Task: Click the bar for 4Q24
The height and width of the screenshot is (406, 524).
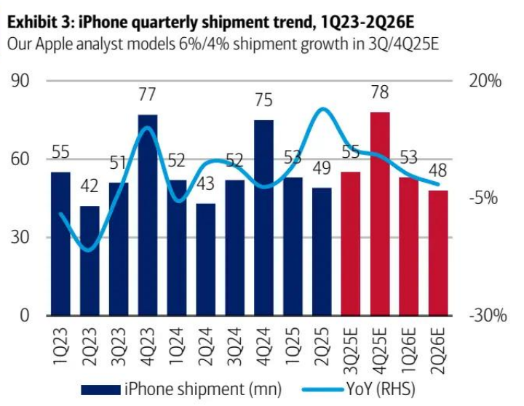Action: (x=263, y=218)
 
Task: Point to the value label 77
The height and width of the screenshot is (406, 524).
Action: (x=148, y=95)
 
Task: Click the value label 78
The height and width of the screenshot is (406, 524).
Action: (x=379, y=93)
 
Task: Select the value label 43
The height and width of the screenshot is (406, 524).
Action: (x=206, y=184)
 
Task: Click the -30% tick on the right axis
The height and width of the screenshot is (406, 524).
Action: (x=485, y=316)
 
